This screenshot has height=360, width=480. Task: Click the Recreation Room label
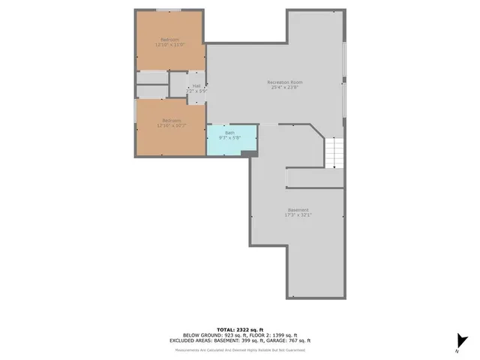(x=283, y=81)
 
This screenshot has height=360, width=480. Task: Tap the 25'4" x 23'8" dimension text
(x=283, y=87)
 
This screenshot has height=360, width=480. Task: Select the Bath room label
(x=229, y=133)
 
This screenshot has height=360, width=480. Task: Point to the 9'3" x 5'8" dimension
(x=229, y=138)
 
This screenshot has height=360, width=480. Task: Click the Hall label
(x=196, y=85)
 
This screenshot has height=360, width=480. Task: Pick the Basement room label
(x=298, y=209)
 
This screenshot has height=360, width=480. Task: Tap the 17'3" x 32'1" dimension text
(x=298, y=215)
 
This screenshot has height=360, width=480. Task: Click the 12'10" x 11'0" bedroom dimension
(x=170, y=45)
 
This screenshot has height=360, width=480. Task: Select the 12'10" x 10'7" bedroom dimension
(x=170, y=126)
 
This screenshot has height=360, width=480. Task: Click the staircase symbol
(x=334, y=153)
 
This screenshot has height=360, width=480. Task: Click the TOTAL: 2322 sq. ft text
(x=240, y=329)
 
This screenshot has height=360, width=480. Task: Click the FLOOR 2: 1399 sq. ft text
(x=272, y=334)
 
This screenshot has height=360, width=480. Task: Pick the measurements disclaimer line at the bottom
(x=240, y=349)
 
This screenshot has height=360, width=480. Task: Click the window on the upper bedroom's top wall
(x=169, y=10)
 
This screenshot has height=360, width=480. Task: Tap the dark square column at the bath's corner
(x=246, y=154)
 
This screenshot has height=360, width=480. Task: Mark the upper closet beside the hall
(x=152, y=77)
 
